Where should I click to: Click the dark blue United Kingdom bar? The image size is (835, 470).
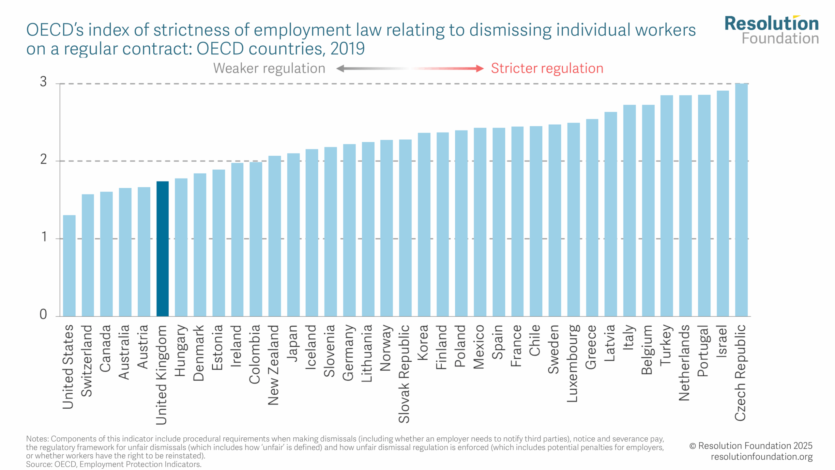162,249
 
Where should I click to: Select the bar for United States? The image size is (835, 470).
69,266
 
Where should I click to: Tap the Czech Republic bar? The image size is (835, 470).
741,200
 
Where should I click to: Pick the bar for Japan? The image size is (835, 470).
293,235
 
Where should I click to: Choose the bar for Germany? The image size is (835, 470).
349,230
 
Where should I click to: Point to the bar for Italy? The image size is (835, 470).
629,211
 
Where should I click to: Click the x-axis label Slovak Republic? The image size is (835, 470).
404,374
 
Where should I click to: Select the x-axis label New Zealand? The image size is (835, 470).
274,365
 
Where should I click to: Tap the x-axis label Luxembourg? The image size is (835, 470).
573,363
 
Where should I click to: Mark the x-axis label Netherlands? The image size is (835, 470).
685,363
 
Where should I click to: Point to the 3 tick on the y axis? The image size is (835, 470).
43,82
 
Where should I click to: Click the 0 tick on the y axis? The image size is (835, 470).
43,314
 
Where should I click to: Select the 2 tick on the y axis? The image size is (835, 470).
43,159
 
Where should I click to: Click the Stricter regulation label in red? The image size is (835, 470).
547,69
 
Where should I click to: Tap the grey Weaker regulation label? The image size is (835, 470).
269,69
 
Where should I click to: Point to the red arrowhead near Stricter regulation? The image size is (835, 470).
479,69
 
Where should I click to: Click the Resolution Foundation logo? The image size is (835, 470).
771,30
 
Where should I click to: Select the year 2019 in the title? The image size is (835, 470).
347,49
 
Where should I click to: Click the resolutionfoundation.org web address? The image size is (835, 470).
762,457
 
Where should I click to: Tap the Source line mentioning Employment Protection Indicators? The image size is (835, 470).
114,464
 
